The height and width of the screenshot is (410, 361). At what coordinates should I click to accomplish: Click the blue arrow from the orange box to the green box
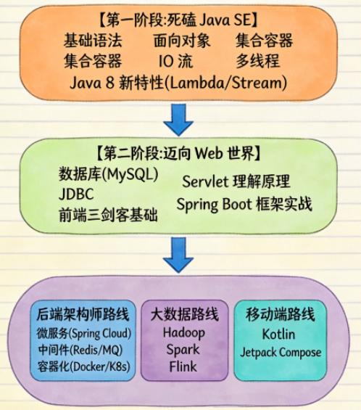coord(178,120)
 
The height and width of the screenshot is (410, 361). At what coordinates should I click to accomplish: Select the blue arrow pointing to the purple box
coord(178,255)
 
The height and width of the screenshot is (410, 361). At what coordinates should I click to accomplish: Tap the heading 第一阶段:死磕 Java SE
coord(178,20)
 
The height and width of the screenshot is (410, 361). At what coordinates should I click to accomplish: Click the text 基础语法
coord(93,41)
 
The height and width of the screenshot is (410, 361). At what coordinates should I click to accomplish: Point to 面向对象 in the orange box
coord(182,41)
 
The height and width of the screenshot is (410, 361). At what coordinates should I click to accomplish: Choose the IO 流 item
coord(176,61)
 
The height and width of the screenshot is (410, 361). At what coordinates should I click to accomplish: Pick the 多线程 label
coord(258,61)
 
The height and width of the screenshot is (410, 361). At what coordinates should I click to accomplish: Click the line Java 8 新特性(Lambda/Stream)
coord(178,83)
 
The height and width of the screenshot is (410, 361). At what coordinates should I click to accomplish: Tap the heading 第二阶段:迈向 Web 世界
coord(178,153)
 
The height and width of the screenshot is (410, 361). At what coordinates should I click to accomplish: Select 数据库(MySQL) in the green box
coord(109,174)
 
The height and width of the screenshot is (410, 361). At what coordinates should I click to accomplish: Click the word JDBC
coord(76,194)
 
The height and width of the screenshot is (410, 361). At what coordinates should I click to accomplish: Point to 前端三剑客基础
coord(109,215)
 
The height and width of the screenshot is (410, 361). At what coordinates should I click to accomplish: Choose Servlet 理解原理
coord(236,181)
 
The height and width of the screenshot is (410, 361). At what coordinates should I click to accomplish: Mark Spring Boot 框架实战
coord(244,204)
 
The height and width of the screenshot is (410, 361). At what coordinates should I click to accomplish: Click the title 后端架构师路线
coord(83,314)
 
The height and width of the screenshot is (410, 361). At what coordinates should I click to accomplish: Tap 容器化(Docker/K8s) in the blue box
coord(83,366)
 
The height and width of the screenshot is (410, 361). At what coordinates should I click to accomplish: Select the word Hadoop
coord(184,333)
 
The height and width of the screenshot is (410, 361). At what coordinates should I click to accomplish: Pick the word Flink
coord(183,366)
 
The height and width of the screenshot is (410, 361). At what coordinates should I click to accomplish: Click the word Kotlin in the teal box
coord(278,334)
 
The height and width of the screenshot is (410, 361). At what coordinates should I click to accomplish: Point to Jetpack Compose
coord(281,353)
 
